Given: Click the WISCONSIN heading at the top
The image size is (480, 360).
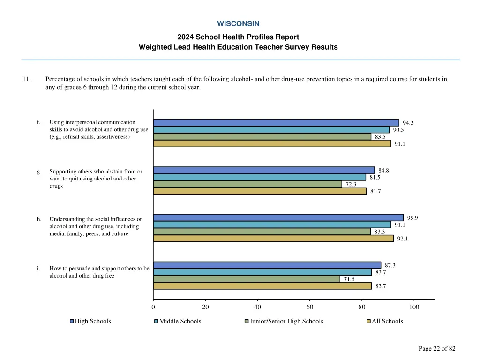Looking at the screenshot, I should point(238,23).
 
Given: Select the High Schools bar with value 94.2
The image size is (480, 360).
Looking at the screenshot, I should point(276,123).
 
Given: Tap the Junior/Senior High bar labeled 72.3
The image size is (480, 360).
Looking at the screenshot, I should point(247,184).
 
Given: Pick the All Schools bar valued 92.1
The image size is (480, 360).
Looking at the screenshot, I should point(273,239).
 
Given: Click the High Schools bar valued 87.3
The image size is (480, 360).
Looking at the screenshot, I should point(267,265).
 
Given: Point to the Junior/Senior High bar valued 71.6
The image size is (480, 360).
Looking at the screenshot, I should point(247,279).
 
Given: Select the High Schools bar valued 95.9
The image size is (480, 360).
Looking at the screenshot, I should point(278,217).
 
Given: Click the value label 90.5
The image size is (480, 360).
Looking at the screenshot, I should point(398,130).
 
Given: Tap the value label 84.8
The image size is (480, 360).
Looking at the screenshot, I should point(383,170).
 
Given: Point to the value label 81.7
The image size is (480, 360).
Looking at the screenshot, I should point(375,191).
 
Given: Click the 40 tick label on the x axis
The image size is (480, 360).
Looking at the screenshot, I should point(257,307).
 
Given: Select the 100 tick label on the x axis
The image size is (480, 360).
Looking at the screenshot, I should point(414,307).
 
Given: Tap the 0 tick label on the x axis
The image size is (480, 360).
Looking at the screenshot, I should point(153,307).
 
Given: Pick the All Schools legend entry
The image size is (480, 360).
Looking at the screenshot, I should point(387,321).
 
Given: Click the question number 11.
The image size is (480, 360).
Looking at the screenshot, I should point(26,79).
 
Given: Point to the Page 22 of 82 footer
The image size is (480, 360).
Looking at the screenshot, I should point(436,348).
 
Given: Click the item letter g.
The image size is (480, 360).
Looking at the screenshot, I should point(39,172).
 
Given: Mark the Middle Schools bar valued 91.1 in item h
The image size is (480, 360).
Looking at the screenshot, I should point(272,225).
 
